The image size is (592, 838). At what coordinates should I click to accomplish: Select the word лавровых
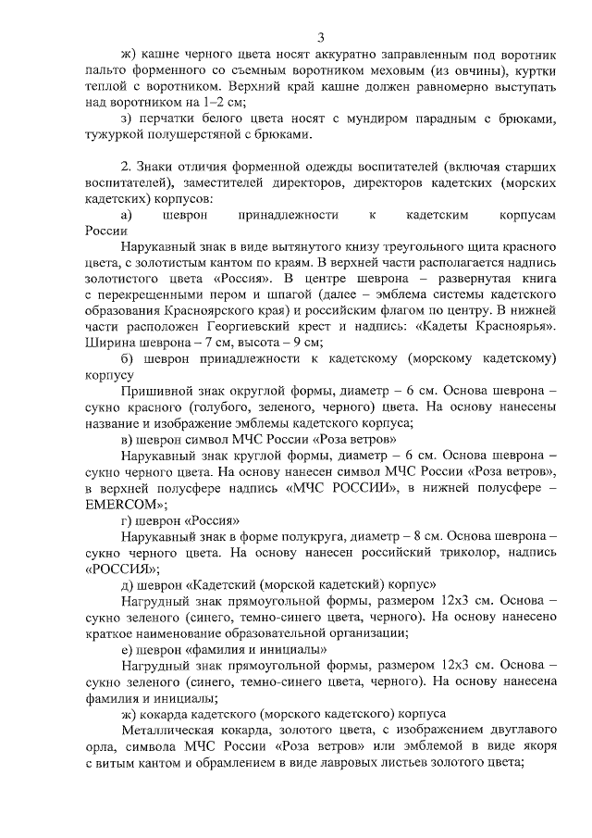tap(364, 763)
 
